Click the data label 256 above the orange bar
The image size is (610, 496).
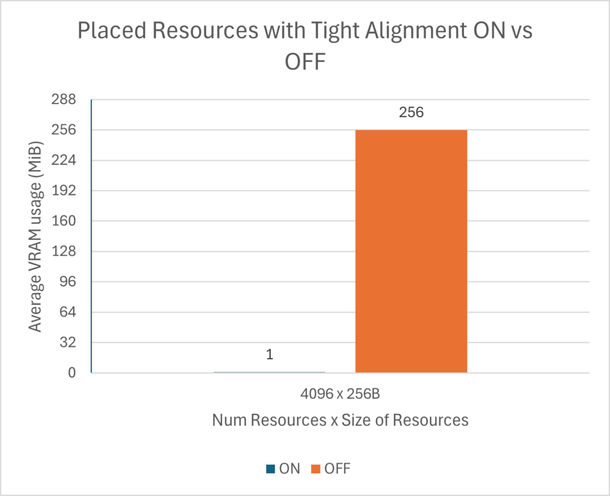tap(411, 111)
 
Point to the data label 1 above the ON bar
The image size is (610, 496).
tap(269, 355)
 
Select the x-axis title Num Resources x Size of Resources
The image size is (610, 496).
tap(340, 420)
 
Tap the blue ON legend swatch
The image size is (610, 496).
tap(270, 469)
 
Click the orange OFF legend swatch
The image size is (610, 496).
tap(315, 469)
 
